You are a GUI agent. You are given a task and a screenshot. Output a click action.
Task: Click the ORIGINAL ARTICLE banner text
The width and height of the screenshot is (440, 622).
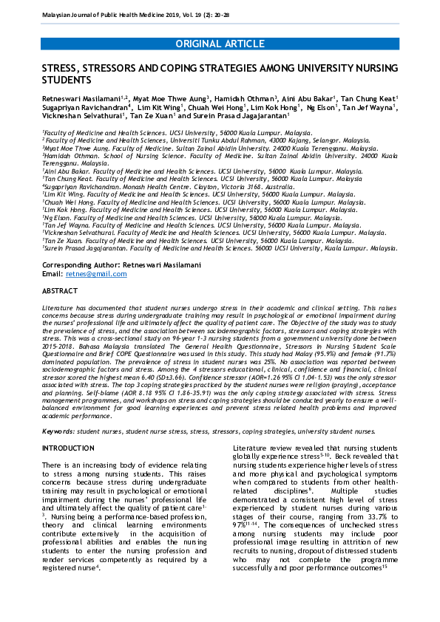click(x=220, y=44)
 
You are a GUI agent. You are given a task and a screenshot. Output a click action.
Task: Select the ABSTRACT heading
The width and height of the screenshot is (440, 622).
click(x=60, y=292)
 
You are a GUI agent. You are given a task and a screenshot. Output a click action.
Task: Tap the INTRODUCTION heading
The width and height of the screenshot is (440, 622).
click(x=68, y=448)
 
